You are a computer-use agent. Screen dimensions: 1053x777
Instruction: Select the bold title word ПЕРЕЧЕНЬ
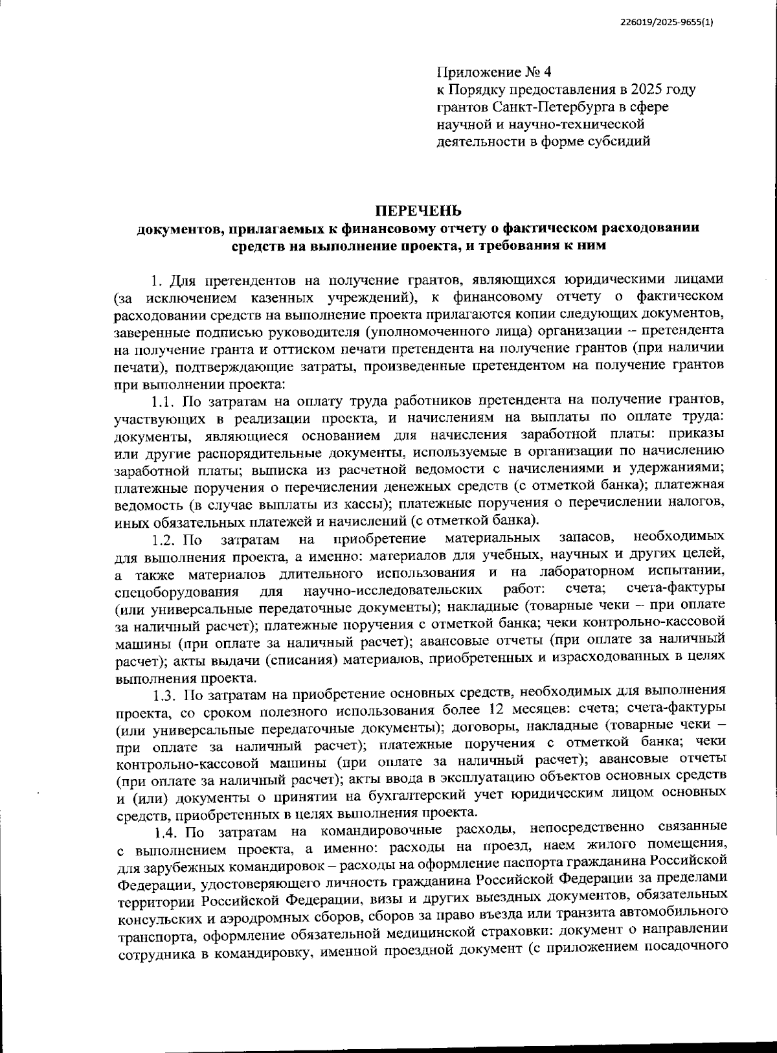[419, 211]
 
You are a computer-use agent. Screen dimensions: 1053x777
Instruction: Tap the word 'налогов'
[694, 503]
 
